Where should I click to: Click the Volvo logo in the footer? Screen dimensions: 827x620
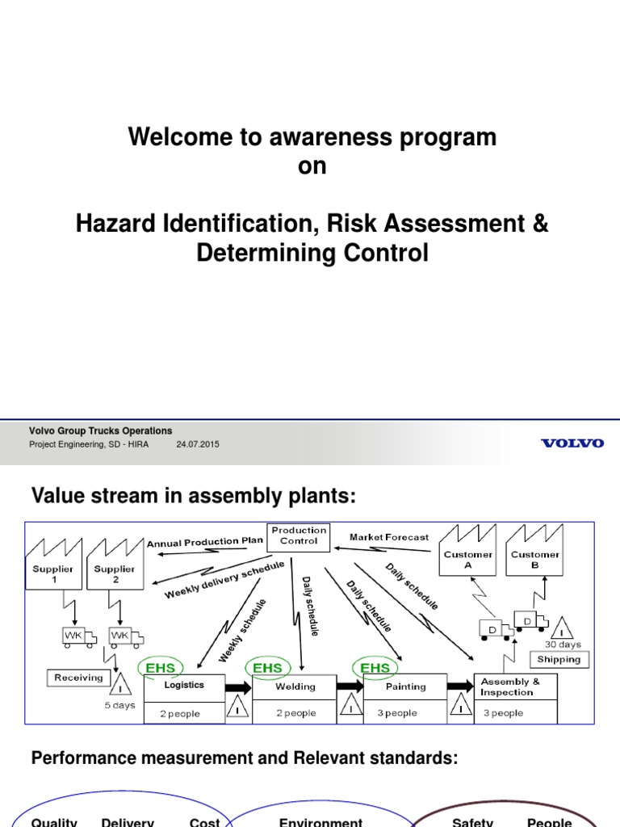pyautogui.click(x=572, y=443)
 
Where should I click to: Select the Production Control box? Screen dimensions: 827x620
pyautogui.click(x=299, y=535)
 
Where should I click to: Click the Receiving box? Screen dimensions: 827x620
pyautogui.click(x=78, y=678)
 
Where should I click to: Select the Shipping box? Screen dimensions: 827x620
pyautogui.click(x=559, y=659)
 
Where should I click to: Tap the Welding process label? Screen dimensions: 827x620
pyautogui.click(x=296, y=686)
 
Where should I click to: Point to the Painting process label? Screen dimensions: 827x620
pyautogui.click(x=406, y=686)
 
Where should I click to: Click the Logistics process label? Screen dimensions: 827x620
pyautogui.click(x=184, y=685)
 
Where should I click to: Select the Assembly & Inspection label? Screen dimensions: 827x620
pyautogui.click(x=510, y=686)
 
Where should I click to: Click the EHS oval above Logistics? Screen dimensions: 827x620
pyautogui.click(x=161, y=668)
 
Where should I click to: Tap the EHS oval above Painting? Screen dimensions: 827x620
pyautogui.click(x=375, y=668)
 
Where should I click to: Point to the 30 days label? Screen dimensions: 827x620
pyautogui.click(x=563, y=644)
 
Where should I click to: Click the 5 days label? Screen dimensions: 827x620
pyautogui.click(x=119, y=705)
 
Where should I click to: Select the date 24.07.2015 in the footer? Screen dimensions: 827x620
pyautogui.click(x=197, y=444)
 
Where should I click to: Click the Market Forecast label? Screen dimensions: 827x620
pyautogui.click(x=389, y=537)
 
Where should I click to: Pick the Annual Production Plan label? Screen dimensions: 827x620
pyautogui.click(x=205, y=542)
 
